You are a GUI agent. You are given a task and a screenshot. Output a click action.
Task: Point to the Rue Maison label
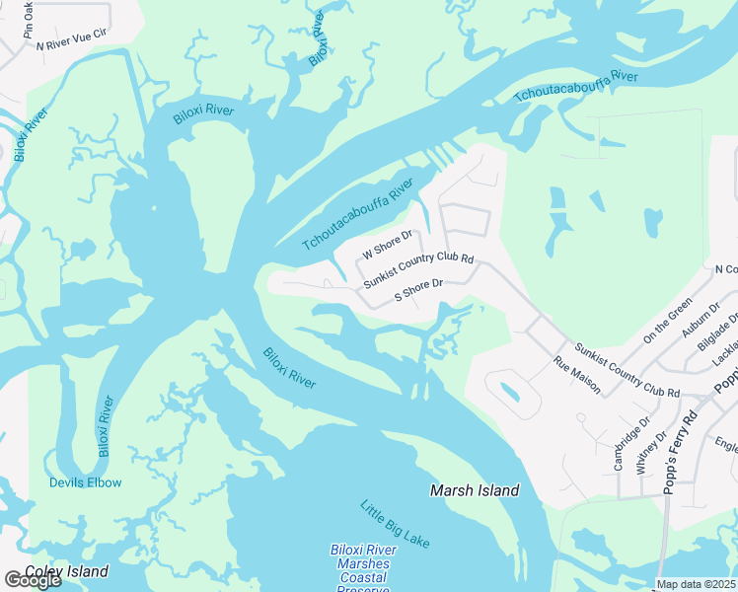(577, 375)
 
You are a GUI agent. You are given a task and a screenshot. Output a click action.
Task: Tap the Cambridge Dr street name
(620, 441)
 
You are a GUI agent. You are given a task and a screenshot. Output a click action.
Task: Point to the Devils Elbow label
(86, 482)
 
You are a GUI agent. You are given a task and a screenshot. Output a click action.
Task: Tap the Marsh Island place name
(475, 490)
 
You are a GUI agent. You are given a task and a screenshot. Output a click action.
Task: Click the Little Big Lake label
(394, 524)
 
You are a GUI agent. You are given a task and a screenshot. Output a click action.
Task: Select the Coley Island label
(66, 571)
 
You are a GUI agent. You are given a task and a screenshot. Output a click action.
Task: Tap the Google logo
(33, 580)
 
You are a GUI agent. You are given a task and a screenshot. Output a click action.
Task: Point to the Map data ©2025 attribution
(696, 584)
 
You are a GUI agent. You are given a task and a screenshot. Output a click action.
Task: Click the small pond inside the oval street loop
(509, 392)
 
